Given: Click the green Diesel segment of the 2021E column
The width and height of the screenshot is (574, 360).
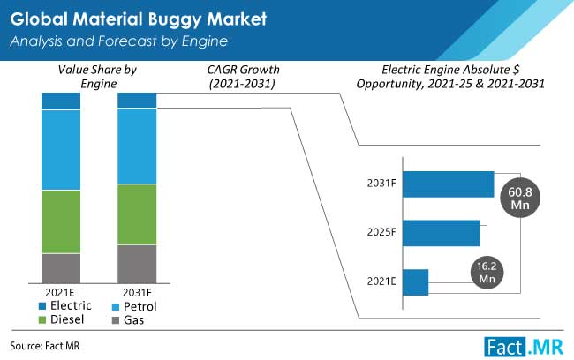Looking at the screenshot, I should (x=61, y=221).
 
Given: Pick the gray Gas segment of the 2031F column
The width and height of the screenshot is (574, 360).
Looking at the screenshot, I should (x=137, y=262).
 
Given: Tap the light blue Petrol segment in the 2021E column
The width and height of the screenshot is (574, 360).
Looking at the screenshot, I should (x=61, y=150).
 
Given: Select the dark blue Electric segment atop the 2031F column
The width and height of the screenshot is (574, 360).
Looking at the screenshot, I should (x=137, y=100).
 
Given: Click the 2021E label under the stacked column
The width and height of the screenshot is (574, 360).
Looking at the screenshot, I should (x=59, y=292).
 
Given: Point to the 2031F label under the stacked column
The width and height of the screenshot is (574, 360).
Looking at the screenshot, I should (x=137, y=292).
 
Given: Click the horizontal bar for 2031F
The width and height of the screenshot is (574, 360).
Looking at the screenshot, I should (x=448, y=184).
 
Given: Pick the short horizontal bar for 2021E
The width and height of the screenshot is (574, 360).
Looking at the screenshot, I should (x=415, y=282).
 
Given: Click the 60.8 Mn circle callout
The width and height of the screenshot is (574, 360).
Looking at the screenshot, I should (x=518, y=196).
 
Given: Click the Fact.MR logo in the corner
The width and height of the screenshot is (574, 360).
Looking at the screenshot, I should (x=524, y=345).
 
